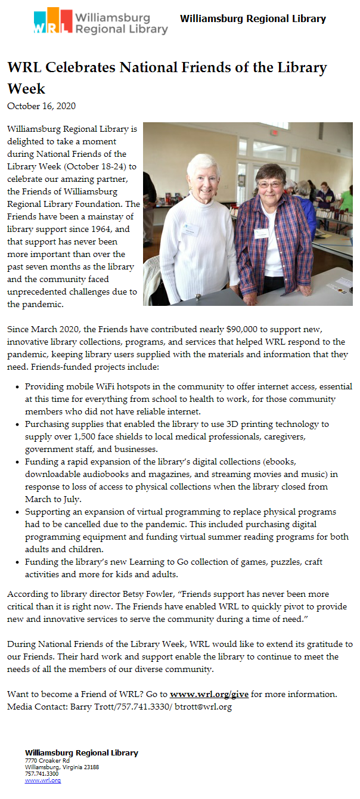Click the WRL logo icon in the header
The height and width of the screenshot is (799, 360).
(53, 21)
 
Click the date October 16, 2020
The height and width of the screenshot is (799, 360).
(41, 106)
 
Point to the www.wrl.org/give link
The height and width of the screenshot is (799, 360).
(209, 694)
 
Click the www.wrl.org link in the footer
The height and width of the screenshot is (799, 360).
(43, 780)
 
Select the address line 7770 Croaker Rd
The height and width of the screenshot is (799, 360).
(47, 761)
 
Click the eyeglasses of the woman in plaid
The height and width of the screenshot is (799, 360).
(270, 185)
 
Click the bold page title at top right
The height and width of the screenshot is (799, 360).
(253, 18)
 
